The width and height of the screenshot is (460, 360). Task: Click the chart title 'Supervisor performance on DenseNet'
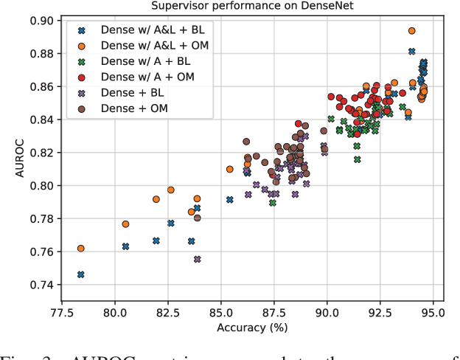[x=251, y=6]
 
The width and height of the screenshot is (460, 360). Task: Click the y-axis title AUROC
[x=10, y=152]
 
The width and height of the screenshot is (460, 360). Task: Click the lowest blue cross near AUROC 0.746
[x=81, y=274]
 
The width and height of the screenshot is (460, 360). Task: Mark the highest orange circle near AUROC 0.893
[x=412, y=31]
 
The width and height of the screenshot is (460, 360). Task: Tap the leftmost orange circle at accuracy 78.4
[x=81, y=249]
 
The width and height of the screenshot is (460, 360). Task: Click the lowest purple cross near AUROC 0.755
[x=198, y=259]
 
